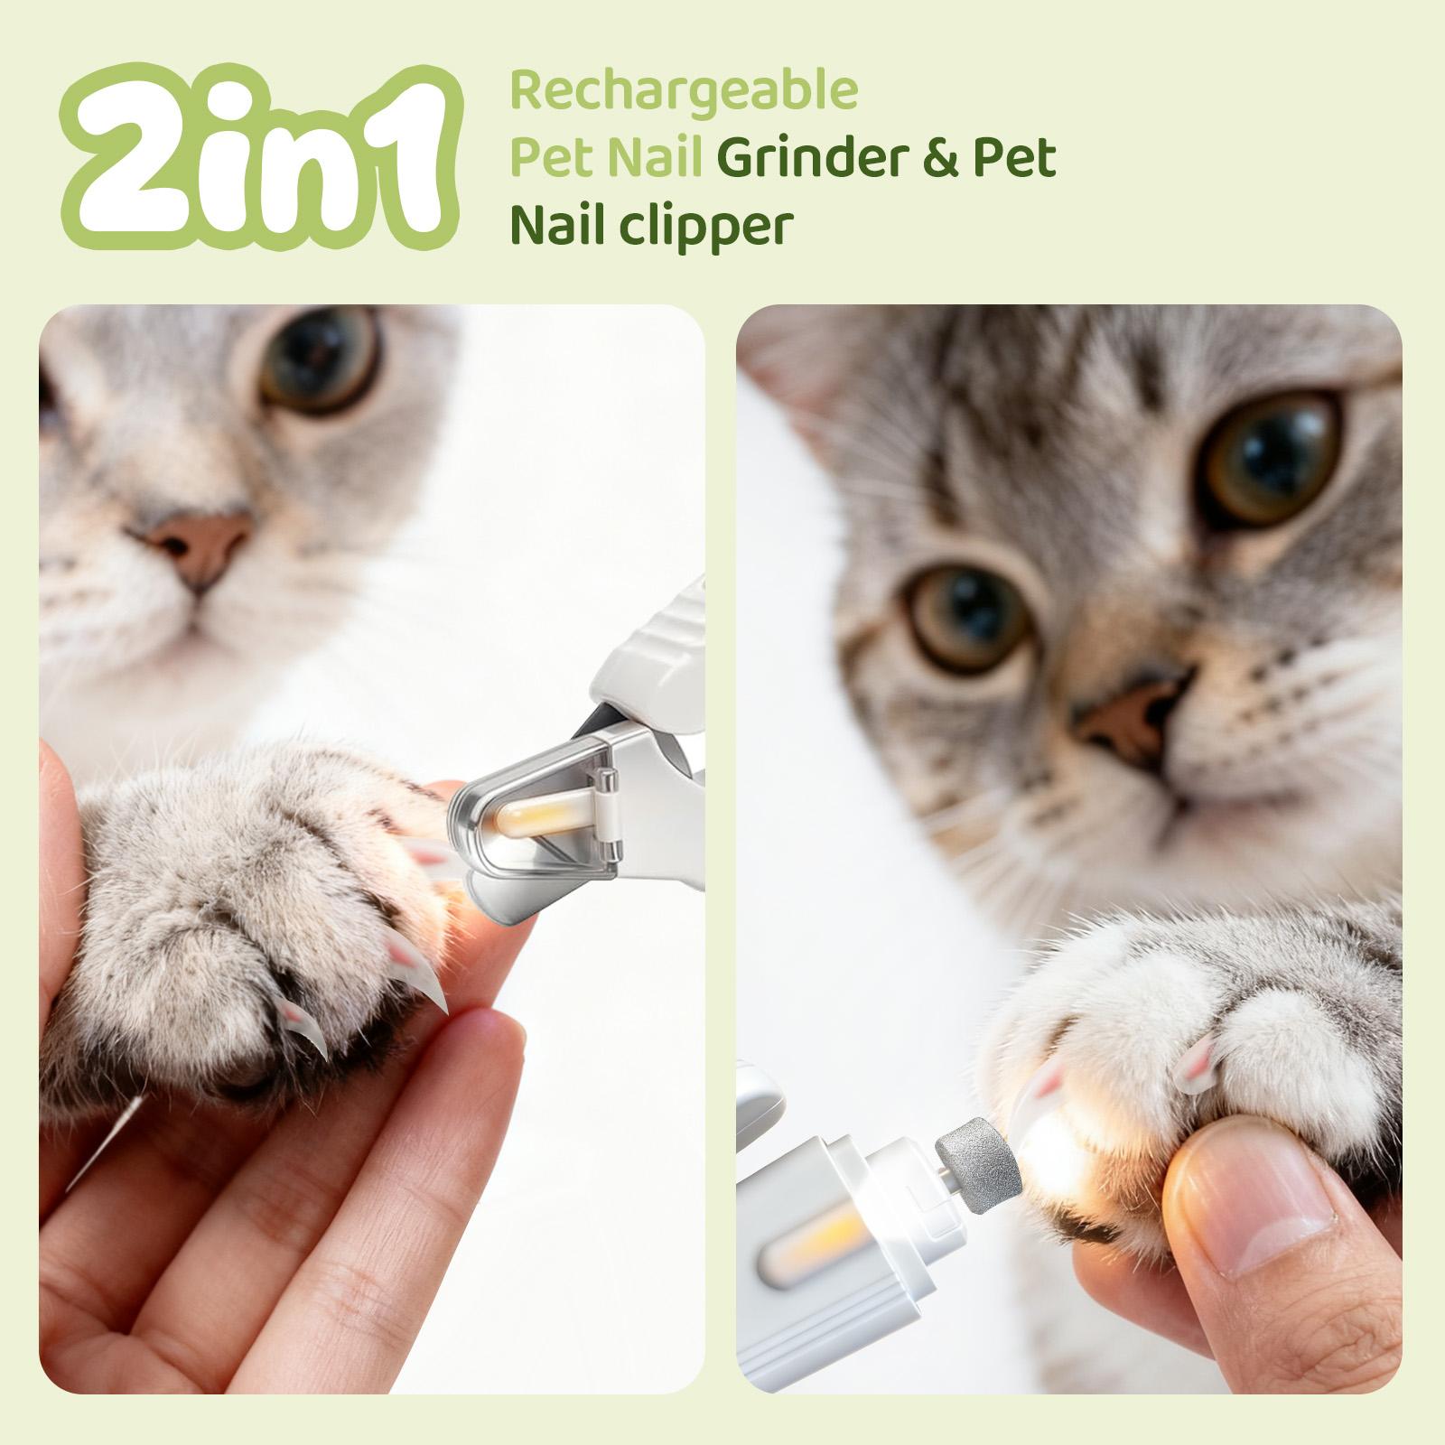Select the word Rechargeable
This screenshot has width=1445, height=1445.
tap(684, 90)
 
